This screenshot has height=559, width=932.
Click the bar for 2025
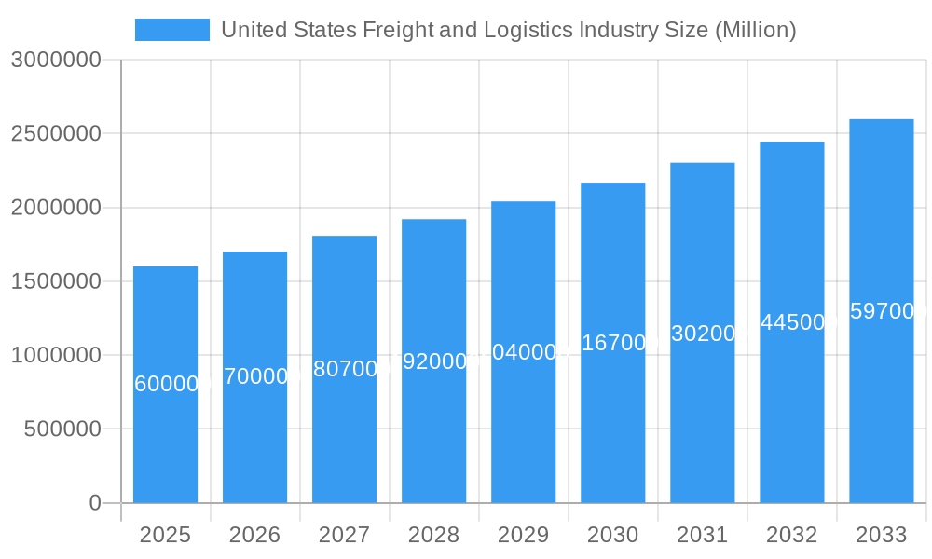[x=165, y=438]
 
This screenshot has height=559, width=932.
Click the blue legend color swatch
[x=172, y=30]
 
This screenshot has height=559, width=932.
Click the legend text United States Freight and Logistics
[x=508, y=30]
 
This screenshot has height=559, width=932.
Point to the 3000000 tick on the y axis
[x=55, y=60]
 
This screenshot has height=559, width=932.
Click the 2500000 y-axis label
[x=55, y=133]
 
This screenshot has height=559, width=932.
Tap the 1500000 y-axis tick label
[x=55, y=281]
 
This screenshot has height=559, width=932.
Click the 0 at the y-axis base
[x=94, y=503]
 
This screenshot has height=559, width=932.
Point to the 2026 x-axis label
[x=254, y=535]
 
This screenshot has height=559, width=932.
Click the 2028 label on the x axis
[x=433, y=535]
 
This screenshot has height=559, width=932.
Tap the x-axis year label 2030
[x=612, y=535]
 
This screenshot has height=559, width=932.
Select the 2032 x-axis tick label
[x=791, y=535]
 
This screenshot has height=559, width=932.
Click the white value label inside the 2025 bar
[x=165, y=384]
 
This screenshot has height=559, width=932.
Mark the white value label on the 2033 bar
[x=881, y=312]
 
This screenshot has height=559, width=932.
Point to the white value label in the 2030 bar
[x=612, y=343]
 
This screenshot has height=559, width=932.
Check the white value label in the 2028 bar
[x=433, y=361]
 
